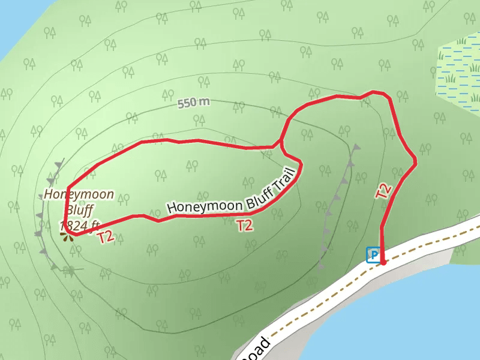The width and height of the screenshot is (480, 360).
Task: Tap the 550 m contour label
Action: point(194,103)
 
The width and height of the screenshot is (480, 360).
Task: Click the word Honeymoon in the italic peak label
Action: point(79,195)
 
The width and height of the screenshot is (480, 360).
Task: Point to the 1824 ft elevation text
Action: point(79,226)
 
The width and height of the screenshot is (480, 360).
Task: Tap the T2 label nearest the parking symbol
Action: point(383,191)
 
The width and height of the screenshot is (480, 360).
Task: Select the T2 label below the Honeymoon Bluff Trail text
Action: point(244,226)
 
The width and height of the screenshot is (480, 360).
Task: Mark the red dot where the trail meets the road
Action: point(383,262)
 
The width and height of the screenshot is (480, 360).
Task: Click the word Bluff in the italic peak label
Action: point(79,211)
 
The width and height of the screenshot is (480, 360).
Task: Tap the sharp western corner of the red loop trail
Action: point(66,188)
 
